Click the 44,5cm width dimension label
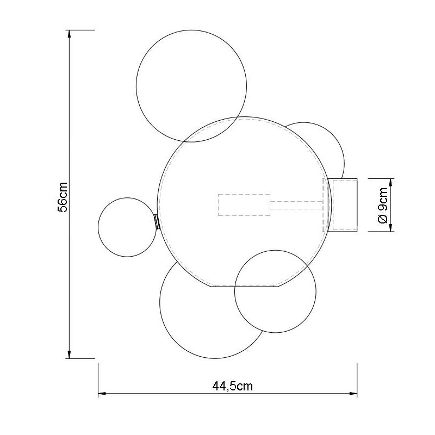[232, 387]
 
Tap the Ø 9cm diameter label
[382, 205]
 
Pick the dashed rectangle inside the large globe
[244, 205]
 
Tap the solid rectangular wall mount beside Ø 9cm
[344, 204]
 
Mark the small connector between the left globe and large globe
[156, 222]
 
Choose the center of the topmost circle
[191, 86]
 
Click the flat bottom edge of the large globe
[245, 285]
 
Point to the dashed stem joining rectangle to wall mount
[296, 205]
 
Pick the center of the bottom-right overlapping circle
[275, 291]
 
